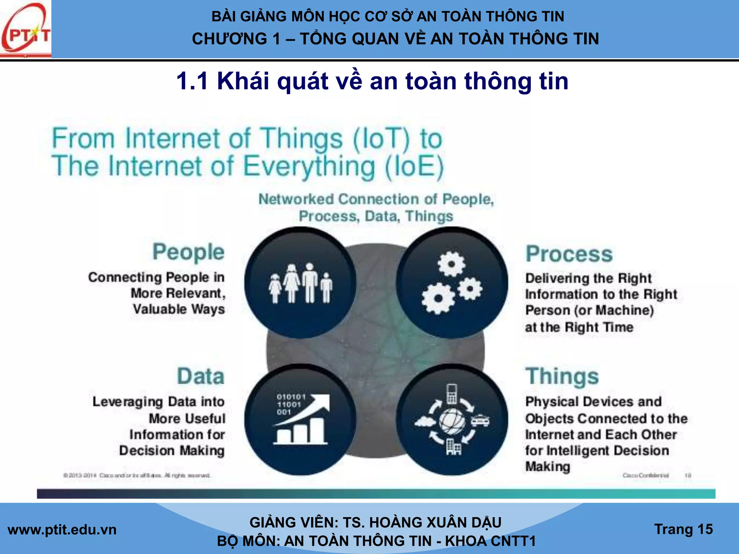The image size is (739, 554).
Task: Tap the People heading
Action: [188, 252]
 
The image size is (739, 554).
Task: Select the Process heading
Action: [569, 254]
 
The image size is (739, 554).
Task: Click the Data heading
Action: [201, 376]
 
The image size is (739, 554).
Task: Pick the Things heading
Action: [562, 376]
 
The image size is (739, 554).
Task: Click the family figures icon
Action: [300, 283]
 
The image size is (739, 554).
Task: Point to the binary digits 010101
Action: [291, 397]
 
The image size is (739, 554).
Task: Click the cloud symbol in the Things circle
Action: [425, 421]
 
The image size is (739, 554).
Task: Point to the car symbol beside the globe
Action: [480, 421]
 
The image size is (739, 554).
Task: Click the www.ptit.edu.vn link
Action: [62, 530]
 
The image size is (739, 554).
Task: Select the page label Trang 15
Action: [683, 529]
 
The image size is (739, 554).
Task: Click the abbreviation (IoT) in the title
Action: [382, 139]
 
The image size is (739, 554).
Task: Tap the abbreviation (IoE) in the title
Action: [414, 167]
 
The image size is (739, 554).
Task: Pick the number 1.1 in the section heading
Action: [192, 81]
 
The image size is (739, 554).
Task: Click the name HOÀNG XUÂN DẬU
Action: [435, 523]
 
